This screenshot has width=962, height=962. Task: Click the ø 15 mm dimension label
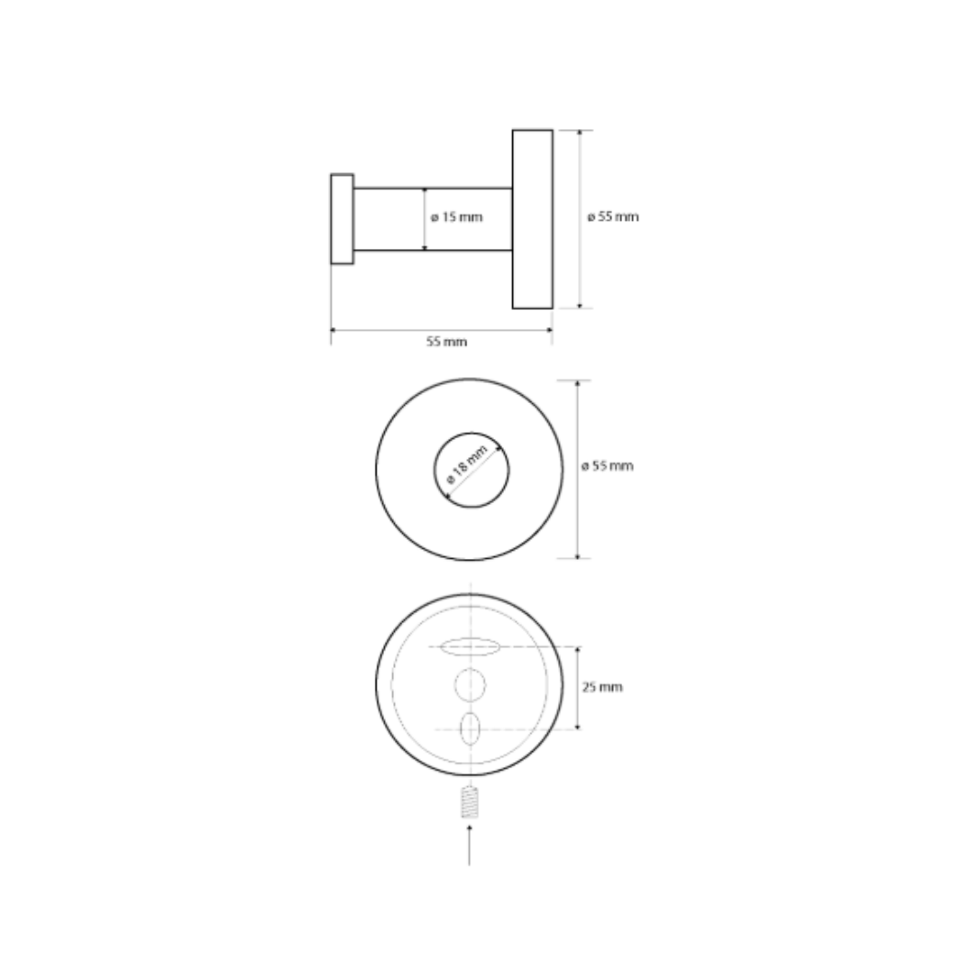[x=456, y=217]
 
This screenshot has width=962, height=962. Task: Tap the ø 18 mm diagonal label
[x=467, y=464]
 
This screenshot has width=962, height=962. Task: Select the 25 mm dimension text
[x=602, y=687]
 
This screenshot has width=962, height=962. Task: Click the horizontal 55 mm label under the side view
[x=447, y=342]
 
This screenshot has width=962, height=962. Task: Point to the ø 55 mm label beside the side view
[x=613, y=216]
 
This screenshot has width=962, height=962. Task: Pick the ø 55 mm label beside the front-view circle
[x=607, y=466]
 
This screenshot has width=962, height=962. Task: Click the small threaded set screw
[x=469, y=802]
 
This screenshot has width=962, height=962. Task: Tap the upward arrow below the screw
[x=469, y=845]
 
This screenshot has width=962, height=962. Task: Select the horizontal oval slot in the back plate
[x=471, y=647]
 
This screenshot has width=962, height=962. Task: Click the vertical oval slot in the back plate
[x=469, y=729]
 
